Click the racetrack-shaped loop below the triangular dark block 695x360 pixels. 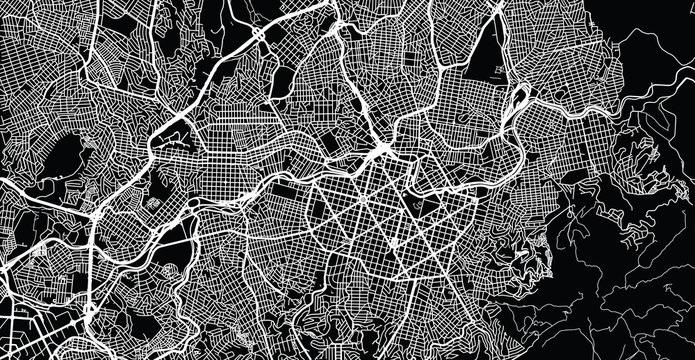point(519,97)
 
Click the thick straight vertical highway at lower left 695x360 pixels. point(92,270)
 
